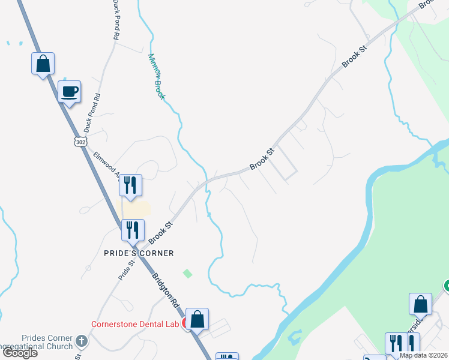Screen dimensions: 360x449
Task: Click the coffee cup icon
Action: [x=70, y=92]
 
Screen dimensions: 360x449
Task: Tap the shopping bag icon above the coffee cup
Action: [x=43, y=64]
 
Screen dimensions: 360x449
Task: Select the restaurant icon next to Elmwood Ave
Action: [x=131, y=185]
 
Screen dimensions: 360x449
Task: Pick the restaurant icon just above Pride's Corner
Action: [x=133, y=230]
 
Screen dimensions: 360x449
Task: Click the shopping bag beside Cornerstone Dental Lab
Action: [x=197, y=319]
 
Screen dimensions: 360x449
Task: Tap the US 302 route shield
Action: [x=80, y=142]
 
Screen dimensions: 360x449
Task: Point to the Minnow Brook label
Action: [x=157, y=77]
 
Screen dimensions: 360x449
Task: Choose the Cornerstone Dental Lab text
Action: [x=135, y=324]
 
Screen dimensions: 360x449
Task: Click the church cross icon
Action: [x=82, y=342]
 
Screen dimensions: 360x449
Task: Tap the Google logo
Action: [x=20, y=353]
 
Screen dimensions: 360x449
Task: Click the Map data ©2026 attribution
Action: [x=424, y=355]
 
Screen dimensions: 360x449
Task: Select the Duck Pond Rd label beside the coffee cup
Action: [x=92, y=113]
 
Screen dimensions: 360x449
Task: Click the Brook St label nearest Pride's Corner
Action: [x=160, y=232]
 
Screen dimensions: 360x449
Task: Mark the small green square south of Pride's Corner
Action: [x=188, y=274]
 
